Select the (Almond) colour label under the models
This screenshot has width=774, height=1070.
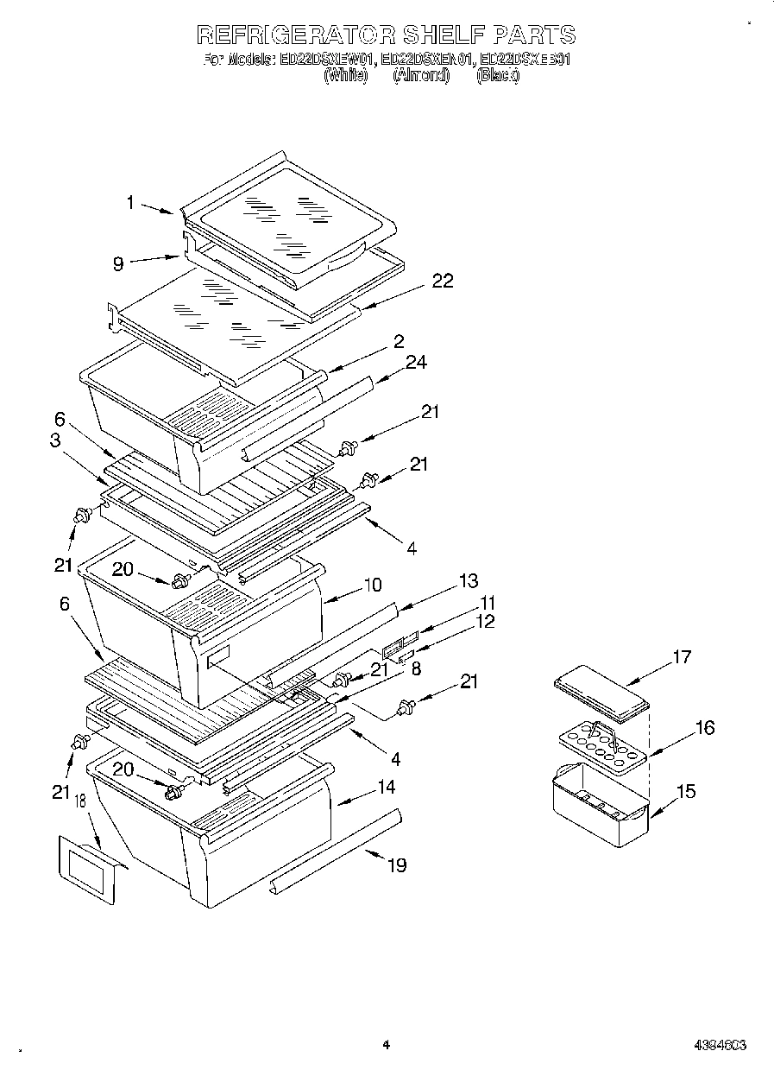[421, 76]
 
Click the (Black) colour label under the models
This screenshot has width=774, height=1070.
[498, 76]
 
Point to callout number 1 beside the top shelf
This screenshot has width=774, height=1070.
[130, 204]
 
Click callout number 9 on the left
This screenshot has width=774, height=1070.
[118, 264]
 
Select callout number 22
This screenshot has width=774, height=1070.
[442, 282]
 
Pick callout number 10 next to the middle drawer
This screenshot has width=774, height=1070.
[372, 585]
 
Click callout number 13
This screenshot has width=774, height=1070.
[469, 581]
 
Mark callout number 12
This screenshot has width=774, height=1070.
[486, 622]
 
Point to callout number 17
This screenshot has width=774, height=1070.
[682, 658]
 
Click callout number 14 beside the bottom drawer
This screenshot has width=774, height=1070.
[385, 788]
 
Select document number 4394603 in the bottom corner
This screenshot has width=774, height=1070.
[720, 1045]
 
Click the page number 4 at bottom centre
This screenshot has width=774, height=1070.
[387, 1045]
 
